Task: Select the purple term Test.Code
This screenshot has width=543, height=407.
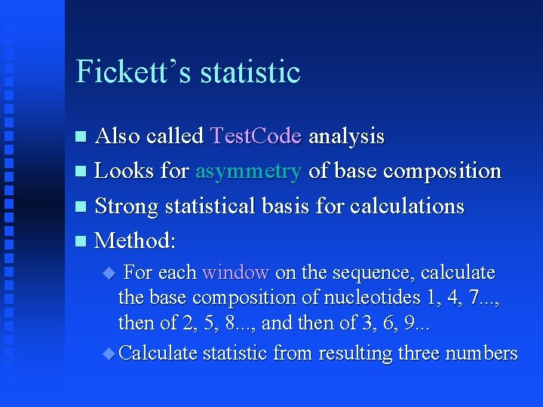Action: pos(256,136)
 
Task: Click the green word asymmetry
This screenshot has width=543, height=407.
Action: pos(247,171)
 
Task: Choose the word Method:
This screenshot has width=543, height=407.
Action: pos(136,240)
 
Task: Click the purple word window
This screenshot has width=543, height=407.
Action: pos(235,272)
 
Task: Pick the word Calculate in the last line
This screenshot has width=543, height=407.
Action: pos(158,353)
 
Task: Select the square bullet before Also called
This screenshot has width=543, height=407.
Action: pos(82,137)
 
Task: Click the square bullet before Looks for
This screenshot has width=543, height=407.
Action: pos(82,172)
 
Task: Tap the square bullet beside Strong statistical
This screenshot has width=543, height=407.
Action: pos(82,207)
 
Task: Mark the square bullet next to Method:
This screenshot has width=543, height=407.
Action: pos(82,241)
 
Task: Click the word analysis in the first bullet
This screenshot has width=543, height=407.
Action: pos(346,136)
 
